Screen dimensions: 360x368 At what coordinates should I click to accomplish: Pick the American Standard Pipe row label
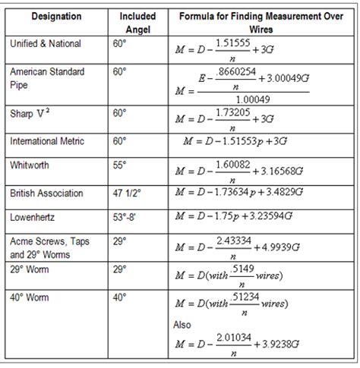[46, 77]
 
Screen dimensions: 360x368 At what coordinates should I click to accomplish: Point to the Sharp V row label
[32, 112]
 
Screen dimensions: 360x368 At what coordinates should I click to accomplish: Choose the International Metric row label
[47, 141]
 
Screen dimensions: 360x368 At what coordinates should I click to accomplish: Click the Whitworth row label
[30, 164]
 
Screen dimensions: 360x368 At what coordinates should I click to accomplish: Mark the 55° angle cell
[118, 164]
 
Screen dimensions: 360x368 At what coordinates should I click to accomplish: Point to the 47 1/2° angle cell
[126, 193]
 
